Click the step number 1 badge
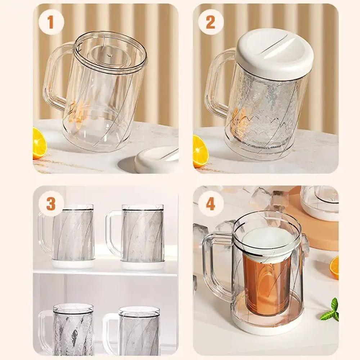pyautogui.click(x=51, y=22)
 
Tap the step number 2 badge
pyautogui.click(x=211, y=22)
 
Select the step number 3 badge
pyautogui.click(x=51, y=204)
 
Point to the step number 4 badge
pyautogui.click(x=211, y=204)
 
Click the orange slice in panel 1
pyautogui.click(x=39, y=144)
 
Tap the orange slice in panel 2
pyautogui.click(x=199, y=151)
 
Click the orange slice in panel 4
pyautogui.click(x=335, y=267)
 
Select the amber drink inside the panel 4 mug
pyautogui.click(x=266, y=284)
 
